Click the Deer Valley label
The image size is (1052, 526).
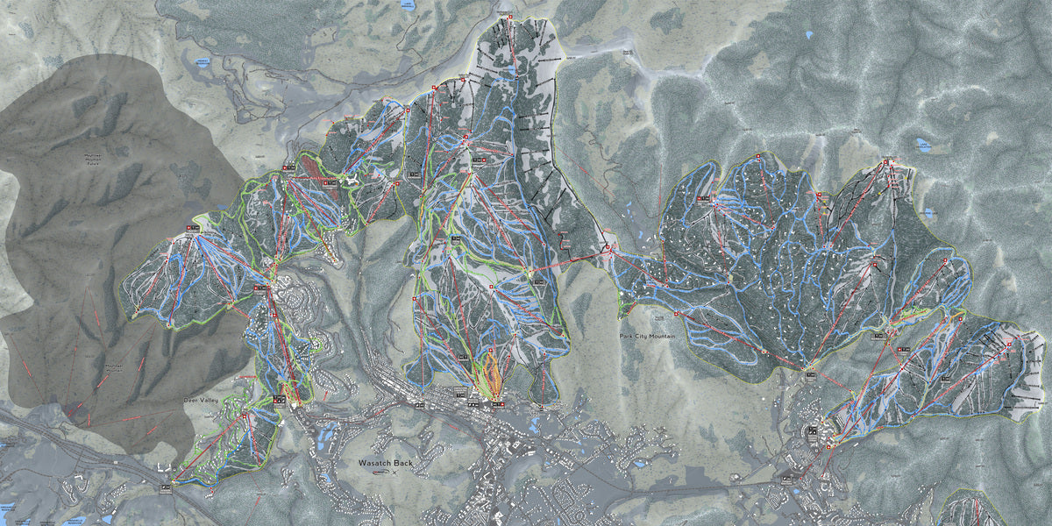[201, 399]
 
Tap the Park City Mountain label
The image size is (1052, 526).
[650, 337]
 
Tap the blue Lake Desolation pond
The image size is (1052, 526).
[922, 147]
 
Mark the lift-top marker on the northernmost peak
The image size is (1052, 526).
[508, 17]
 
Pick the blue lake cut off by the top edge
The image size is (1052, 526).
[405, 4]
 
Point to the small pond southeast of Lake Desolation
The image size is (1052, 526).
[928, 212]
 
